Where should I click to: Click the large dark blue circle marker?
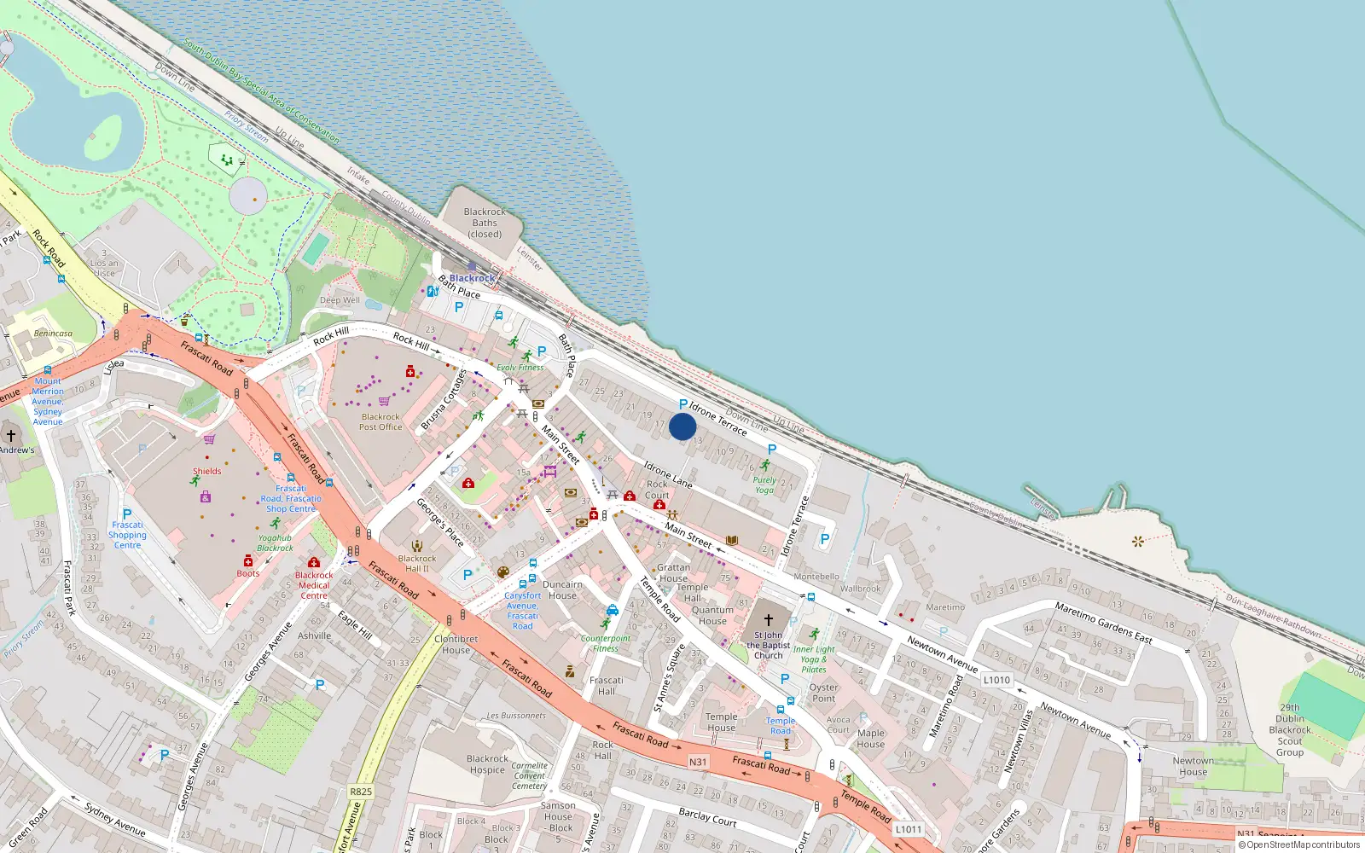(682, 426)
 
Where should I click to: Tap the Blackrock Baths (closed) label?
(485, 223)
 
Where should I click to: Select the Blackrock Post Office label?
(380, 422)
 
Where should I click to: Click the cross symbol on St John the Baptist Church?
(769, 620)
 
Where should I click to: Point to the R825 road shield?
(361, 792)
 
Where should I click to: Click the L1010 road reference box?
(996, 680)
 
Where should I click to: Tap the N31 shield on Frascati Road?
(698, 762)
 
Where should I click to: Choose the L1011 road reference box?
(909, 829)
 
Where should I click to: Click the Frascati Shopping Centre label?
(127, 535)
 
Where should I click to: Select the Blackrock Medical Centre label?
(314, 585)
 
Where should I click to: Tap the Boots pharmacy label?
(248, 573)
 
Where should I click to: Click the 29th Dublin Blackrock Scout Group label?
(1290, 730)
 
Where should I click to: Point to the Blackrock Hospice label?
(488, 764)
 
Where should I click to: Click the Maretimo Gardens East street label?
(1103, 623)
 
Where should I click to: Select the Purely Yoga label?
(764, 485)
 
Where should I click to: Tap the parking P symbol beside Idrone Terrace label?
(683, 404)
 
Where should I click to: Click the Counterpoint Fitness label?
(606, 643)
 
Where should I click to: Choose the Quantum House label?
(712, 615)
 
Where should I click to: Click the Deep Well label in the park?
(340, 300)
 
